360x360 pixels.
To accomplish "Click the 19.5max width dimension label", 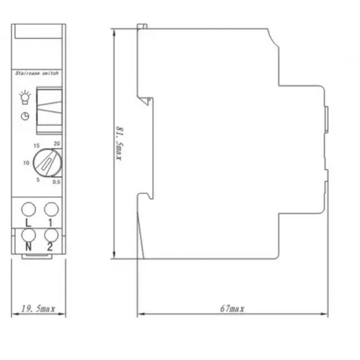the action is [38, 309].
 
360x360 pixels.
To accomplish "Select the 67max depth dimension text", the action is [232, 309].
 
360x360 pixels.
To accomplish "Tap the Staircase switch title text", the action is [37, 73].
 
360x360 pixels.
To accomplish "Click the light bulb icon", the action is [25, 97].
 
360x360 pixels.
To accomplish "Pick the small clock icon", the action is [25, 116].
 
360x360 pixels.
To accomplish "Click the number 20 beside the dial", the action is [57, 144].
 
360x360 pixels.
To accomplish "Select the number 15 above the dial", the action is [36, 145].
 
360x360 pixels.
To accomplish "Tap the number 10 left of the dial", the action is [26, 163].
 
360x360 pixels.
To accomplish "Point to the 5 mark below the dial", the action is [38, 180].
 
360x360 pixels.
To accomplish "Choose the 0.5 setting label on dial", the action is [57, 182].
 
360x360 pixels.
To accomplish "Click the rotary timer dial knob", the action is [48, 163].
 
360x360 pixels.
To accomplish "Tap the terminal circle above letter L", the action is [28, 209].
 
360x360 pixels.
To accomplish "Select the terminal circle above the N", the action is [28, 235].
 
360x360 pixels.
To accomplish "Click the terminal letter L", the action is [28, 223].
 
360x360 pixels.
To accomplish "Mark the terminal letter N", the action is [28, 247].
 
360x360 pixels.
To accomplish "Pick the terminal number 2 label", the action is [50, 247].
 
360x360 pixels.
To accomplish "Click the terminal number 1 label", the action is [50, 223].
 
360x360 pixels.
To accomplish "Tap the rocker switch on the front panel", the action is [49, 110].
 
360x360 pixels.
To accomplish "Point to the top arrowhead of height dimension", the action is [114, 33].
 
